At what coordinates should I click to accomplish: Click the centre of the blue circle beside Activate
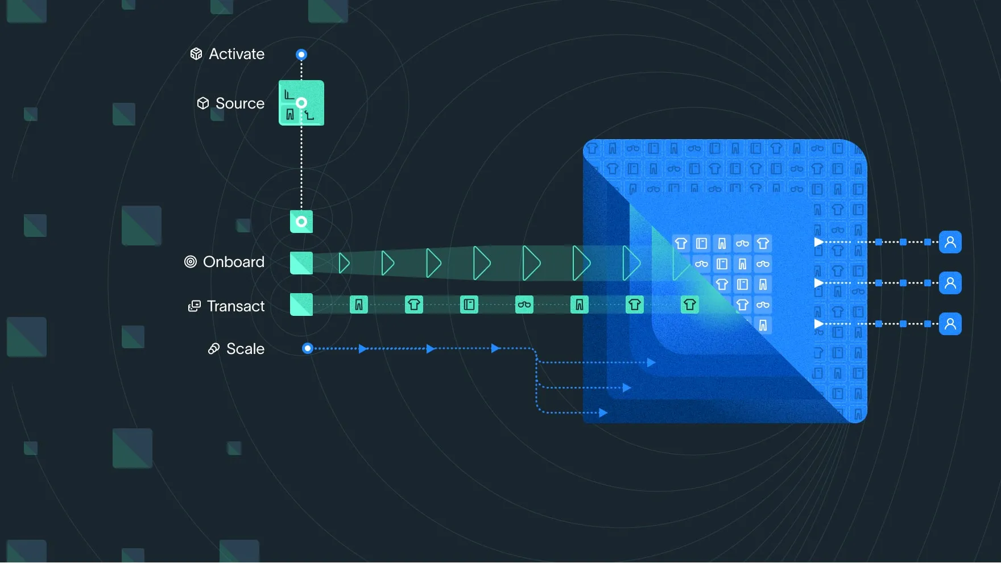301,55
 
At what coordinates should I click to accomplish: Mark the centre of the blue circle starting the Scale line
308,348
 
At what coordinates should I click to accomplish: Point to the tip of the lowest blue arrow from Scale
608,412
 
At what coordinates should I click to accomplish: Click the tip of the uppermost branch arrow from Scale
656,362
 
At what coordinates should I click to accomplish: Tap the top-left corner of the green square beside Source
279,80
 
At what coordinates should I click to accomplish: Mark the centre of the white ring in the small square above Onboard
301,222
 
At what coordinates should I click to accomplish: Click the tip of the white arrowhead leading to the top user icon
824,242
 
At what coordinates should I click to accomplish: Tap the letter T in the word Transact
212,306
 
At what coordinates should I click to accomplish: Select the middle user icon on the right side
950,283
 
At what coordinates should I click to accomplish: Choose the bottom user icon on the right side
950,324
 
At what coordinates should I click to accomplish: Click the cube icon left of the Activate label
196,54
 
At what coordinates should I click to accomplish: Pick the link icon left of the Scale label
214,349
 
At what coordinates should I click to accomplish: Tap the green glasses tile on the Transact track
524,305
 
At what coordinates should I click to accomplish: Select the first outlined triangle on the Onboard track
344,263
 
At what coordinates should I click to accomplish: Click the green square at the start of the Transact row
301,305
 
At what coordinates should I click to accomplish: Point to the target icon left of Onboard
191,262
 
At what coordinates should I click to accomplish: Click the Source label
240,103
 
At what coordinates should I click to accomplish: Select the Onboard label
234,262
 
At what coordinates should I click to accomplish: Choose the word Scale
246,349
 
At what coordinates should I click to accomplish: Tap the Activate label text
237,54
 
